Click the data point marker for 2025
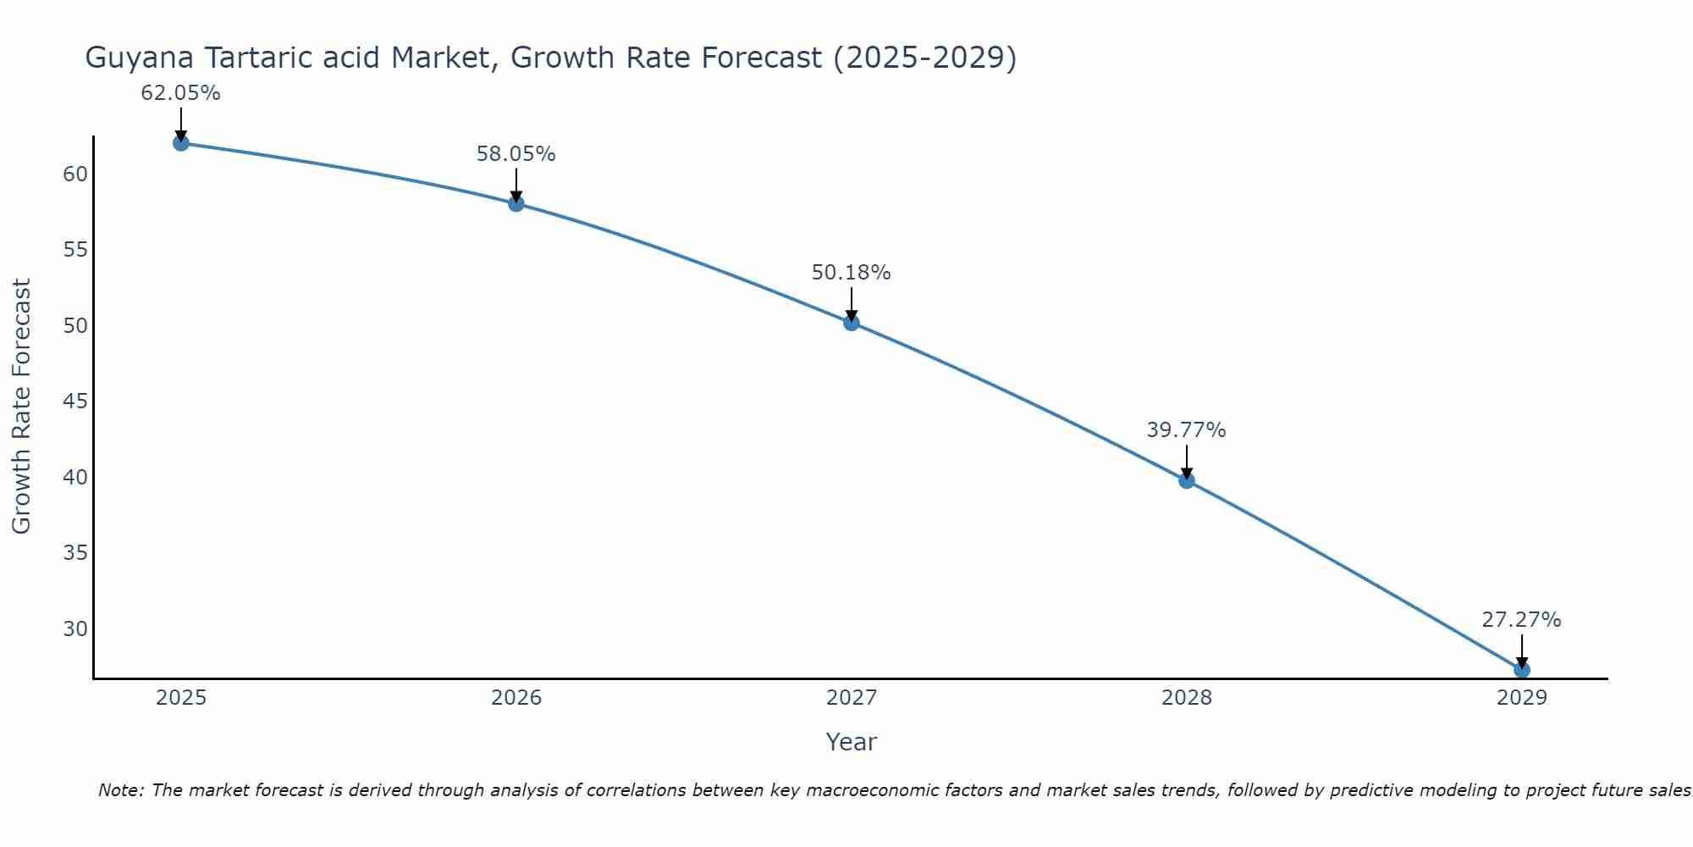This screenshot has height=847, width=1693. pyautogui.click(x=180, y=143)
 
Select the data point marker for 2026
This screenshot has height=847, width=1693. pyautogui.click(x=516, y=203)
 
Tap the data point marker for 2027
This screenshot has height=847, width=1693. pyautogui.click(x=851, y=323)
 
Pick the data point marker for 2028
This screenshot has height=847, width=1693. pyautogui.click(x=1186, y=480)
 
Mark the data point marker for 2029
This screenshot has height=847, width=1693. pyautogui.click(x=1521, y=670)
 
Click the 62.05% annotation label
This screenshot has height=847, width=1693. pyautogui.click(x=180, y=93)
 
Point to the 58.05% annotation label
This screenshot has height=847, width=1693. pyautogui.click(x=516, y=154)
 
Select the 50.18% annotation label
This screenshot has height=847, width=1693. pyautogui.click(x=851, y=273)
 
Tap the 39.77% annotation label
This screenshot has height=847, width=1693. pyautogui.click(x=1186, y=430)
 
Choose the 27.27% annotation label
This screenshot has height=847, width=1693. pyautogui.click(x=1521, y=620)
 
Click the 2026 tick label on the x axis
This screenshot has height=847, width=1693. pyautogui.click(x=516, y=698)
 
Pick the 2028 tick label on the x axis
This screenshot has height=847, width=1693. pyautogui.click(x=1186, y=698)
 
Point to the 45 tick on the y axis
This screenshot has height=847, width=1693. pyautogui.click(x=75, y=401)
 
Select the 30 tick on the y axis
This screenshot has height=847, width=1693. pyautogui.click(x=75, y=628)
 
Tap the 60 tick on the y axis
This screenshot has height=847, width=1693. pyautogui.click(x=75, y=174)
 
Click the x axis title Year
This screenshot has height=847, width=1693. pyautogui.click(x=851, y=742)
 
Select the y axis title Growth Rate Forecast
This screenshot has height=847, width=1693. pyautogui.click(x=21, y=407)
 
